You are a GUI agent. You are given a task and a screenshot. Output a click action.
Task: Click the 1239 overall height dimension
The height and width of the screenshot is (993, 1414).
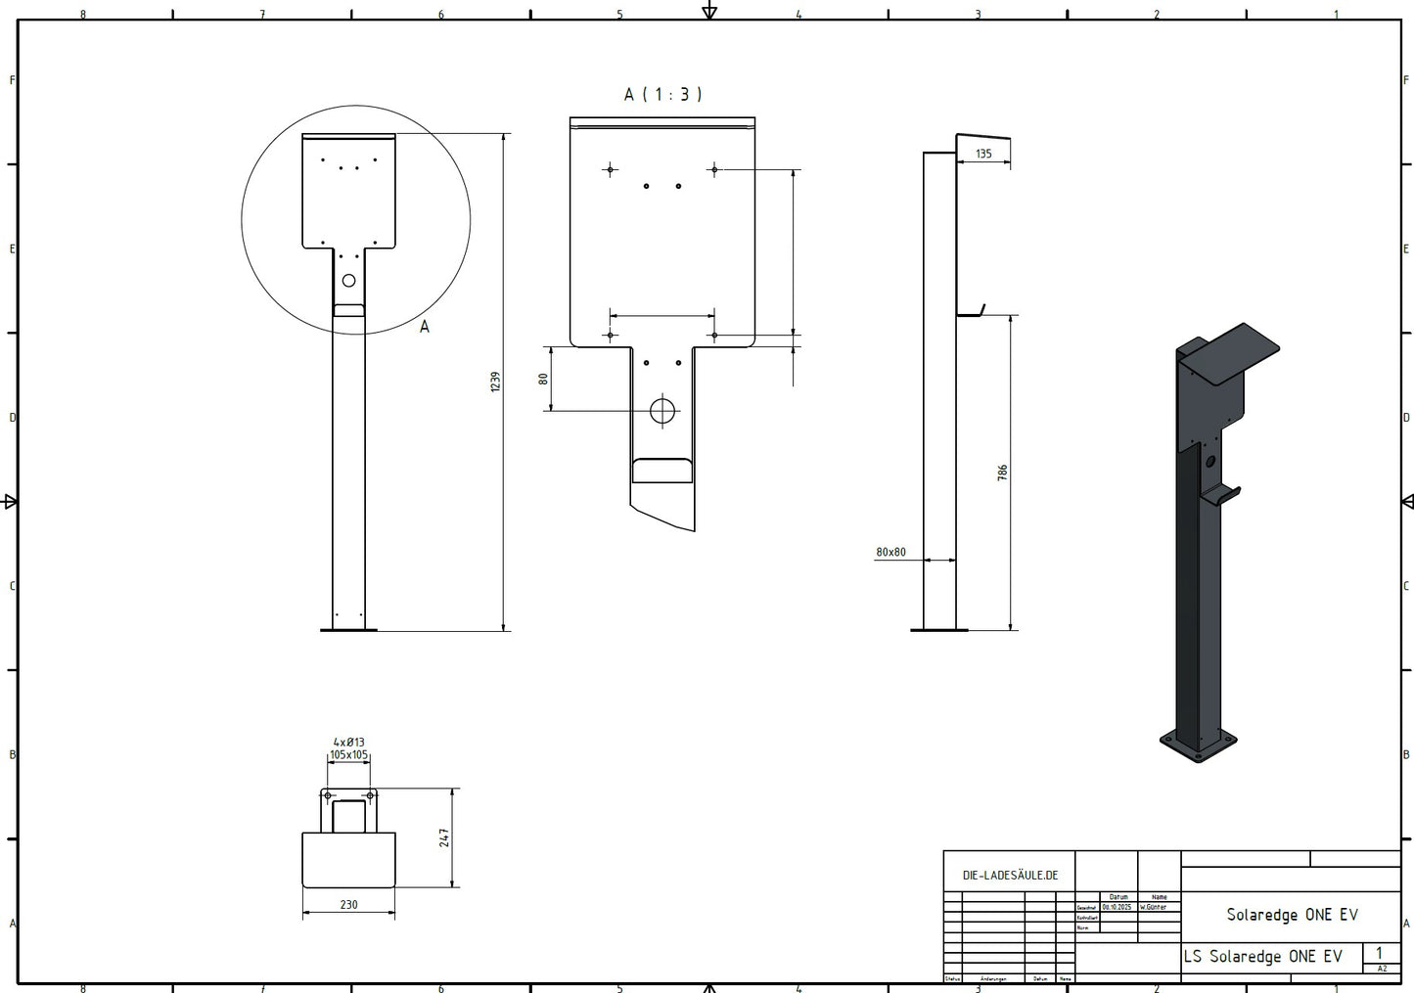pyautogui.click(x=495, y=382)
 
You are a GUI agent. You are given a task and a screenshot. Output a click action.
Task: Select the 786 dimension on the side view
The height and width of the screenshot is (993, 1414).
pyautogui.click(x=1002, y=473)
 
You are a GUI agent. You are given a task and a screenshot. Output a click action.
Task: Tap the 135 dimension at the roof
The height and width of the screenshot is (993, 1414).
pyautogui.click(x=983, y=154)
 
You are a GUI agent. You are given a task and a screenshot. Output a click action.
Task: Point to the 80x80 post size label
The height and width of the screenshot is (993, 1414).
pyautogui.click(x=890, y=552)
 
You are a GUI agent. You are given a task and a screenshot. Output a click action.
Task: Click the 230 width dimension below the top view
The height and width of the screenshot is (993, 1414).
pyautogui.click(x=348, y=905)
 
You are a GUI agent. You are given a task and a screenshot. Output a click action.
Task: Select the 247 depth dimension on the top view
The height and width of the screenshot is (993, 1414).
pyautogui.click(x=444, y=837)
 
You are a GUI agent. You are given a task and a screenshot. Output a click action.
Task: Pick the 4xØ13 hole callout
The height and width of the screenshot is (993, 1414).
pyautogui.click(x=348, y=743)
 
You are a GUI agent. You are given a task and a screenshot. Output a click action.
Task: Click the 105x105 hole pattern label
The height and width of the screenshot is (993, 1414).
pyautogui.click(x=348, y=754)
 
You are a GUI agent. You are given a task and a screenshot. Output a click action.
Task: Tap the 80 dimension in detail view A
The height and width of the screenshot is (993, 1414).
pyautogui.click(x=543, y=379)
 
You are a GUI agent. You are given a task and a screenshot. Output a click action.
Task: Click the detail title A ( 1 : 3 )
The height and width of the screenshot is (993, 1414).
pyautogui.click(x=663, y=94)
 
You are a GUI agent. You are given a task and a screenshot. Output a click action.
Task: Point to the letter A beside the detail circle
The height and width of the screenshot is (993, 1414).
pyautogui.click(x=424, y=327)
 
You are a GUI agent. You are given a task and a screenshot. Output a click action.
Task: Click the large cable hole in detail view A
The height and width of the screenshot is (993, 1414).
pyautogui.click(x=662, y=410)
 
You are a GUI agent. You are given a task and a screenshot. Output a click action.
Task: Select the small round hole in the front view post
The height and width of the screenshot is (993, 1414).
pyautogui.click(x=348, y=281)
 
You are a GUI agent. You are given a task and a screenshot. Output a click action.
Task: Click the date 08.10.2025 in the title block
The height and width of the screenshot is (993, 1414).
pyautogui.click(x=1116, y=907)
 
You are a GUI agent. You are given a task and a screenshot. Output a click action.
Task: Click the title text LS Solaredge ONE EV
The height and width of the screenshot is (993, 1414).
pyautogui.click(x=1262, y=956)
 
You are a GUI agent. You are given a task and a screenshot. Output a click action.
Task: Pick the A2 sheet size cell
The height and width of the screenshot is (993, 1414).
pyautogui.click(x=1382, y=969)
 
